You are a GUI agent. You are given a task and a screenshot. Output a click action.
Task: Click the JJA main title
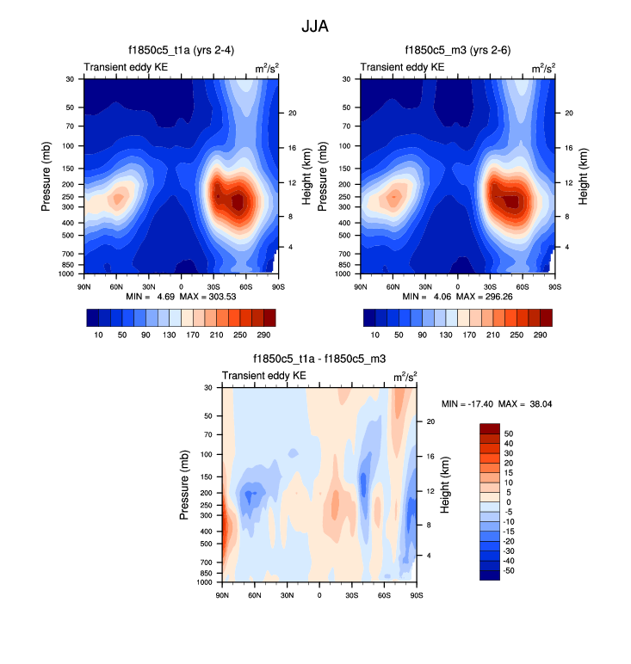[314, 27]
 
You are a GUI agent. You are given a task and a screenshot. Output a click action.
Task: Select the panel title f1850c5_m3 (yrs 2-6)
[457, 51]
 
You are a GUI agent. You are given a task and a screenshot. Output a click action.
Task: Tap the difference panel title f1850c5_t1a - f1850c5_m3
[319, 359]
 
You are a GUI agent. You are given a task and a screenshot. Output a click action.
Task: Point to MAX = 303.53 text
[210, 296]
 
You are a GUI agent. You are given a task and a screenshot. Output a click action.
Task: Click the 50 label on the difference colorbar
[509, 433]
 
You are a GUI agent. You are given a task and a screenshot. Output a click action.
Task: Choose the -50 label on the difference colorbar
[508, 569]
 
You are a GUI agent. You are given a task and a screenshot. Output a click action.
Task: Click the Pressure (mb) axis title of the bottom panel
[184, 484]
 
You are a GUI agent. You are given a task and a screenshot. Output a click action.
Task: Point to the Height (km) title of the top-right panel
[584, 175]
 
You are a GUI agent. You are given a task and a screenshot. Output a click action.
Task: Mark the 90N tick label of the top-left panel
[84, 285]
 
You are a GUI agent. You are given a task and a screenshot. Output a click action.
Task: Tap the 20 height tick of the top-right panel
[565, 114]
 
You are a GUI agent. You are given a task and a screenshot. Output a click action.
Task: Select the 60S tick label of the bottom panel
[384, 593]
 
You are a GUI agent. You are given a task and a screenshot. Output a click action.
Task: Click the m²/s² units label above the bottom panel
[405, 376]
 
